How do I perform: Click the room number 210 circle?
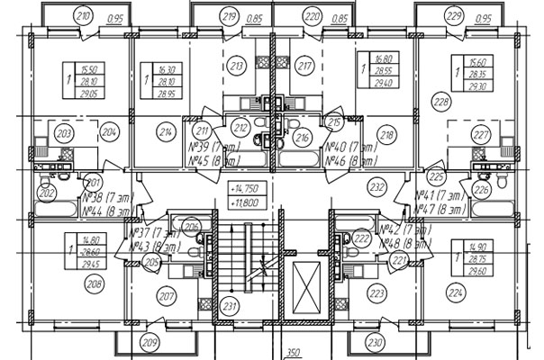[x=85, y=15]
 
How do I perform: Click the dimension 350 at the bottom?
[x=293, y=354]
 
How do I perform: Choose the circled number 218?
[x=388, y=136]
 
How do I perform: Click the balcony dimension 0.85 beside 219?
[x=255, y=18]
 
